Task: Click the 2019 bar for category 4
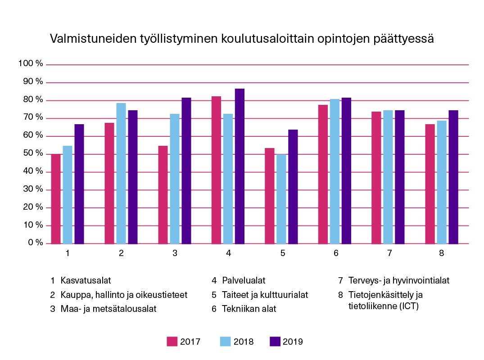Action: [x=240, y=166]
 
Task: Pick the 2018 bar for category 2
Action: [x=121, y=174]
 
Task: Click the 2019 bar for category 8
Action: [x=453, y=177]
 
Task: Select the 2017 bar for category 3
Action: [x=163, y=195]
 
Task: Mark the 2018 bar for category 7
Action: [x=388, y=177]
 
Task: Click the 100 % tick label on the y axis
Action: [x=31, y=64]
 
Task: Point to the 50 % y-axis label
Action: [x=32, y=153]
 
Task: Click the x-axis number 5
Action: [x=283, y=253]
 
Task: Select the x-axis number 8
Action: [x=442, y=253]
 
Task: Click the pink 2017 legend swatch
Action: [x=172, y=342]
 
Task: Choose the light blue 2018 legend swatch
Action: [x=225, y=342]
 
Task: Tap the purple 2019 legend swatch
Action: [x=275, y=342]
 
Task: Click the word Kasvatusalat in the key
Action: [x=86, y=281]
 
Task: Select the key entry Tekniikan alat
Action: [x=249, y=309]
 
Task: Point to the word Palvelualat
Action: [x=244, y=281]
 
